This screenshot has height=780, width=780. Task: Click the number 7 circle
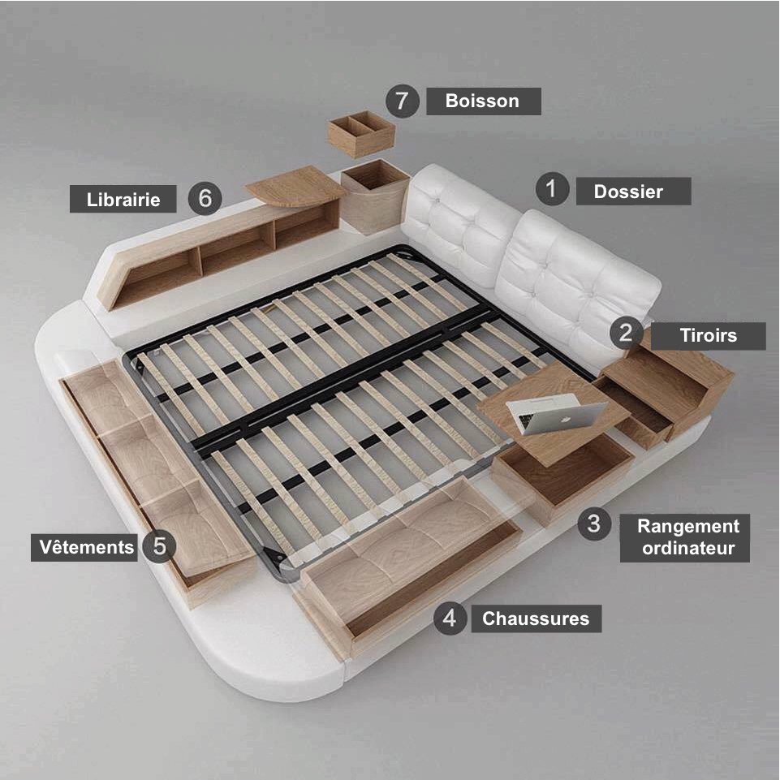(403, 101)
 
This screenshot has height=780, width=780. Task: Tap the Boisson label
(484, 101)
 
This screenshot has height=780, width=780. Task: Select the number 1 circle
(552, 189)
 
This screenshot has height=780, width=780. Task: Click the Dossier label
(633, 192)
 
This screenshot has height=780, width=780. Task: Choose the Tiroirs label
(709, 336)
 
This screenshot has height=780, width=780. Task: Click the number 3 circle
(594, 524)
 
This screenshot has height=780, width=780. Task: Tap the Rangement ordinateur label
(685, 538)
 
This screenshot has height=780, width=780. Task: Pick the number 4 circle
(450, 618)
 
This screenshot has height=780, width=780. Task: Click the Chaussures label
(537, 618)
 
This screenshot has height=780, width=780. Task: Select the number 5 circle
(159, 545)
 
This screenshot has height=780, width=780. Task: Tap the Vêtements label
(84, 548)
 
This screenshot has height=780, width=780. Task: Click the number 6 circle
(205, 199)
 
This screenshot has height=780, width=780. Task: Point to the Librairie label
(123, 199)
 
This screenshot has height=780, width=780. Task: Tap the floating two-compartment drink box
(361, 134)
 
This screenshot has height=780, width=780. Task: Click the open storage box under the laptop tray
(562, 477)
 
